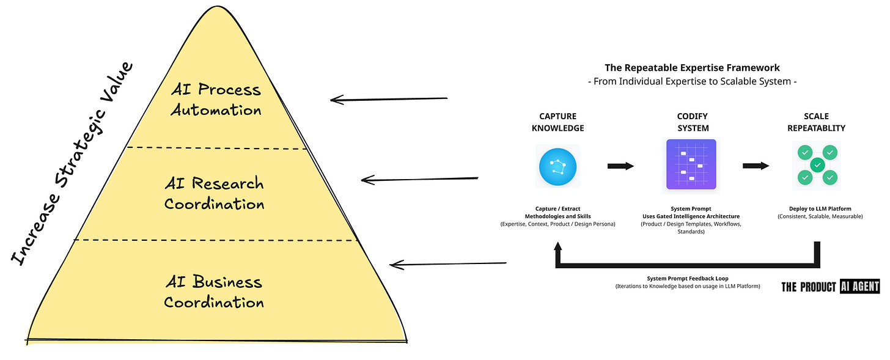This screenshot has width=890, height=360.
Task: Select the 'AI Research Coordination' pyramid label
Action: click(214, 193)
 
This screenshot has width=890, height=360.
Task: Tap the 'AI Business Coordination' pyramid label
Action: click(214, 292)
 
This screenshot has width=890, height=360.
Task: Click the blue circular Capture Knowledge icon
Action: click(557, 166)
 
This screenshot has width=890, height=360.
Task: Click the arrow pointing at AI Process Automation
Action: click(389, 99)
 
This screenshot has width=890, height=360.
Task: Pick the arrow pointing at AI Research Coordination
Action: click(419, 179)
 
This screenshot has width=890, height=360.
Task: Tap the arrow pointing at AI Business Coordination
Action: click(448, 265)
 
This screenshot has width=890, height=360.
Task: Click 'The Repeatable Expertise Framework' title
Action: click(692, 68)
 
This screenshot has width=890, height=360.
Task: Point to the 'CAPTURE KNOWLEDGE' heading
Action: click(557, 122)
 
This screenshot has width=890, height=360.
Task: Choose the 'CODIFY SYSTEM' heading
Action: click(693, 122)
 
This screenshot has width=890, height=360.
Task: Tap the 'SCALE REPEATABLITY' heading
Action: click(817, 122)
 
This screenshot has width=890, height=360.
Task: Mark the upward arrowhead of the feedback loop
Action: click(558, 247)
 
